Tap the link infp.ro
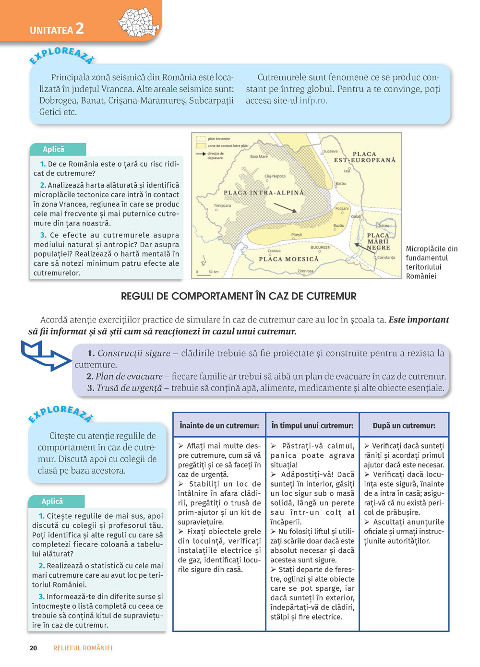tap(313, 101)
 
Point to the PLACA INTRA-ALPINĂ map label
tap(264, 193)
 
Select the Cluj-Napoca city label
tap(275, 176)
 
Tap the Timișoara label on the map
tap(222, 205)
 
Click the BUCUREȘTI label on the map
tap(321, 248)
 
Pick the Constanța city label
tap(386, 258)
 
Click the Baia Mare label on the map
tap(259, 156)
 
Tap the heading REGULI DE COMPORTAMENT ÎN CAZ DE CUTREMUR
tap(239, 296)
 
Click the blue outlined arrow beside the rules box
tap(46, 356)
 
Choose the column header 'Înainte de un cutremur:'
tap(219, 426)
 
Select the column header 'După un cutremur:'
tap(404, 426)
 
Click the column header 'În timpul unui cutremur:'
tap(312, 426)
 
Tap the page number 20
tap(33, 648)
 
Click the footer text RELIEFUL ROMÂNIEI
tap(83, 648)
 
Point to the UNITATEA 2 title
tap(57, 29)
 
